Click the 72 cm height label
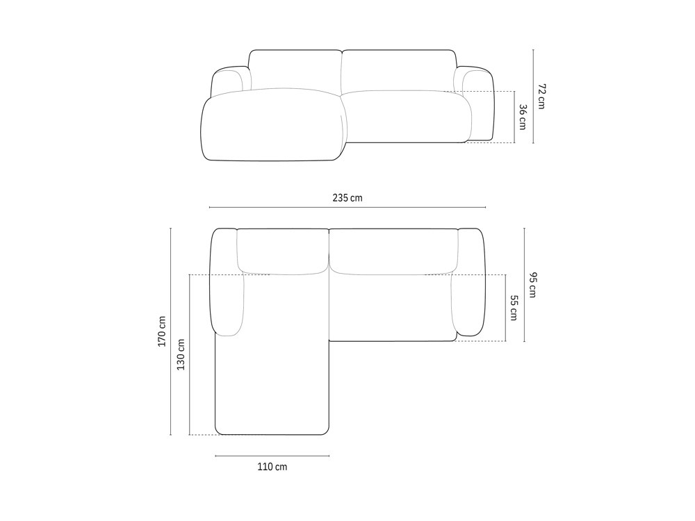click(542, 96)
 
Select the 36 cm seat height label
click(523, 117)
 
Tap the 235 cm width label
click(347, 198)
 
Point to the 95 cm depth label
click(533, 285)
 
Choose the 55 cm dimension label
click(514, 308)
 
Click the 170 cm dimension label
click(162, 331)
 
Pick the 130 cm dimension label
click(181, 354)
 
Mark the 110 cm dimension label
click(272, 467)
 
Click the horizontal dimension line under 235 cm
click(347, 207)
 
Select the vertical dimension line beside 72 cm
click(533, 96)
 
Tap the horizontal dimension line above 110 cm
click(272, 456)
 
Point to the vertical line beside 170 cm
click(171, 331)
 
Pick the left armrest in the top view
click(226, 281)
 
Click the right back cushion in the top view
click(393, 250)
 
